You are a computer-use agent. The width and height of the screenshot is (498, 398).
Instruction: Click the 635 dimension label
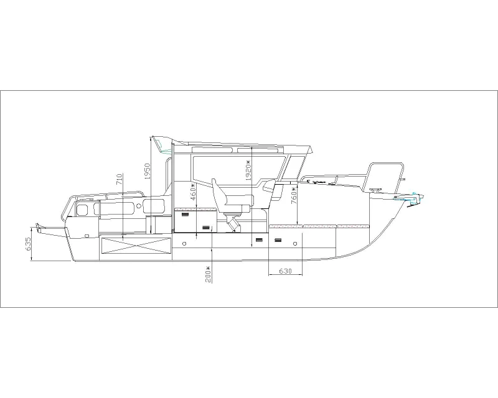click(28, 244)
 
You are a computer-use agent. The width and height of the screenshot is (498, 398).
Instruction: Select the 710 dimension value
click(119, 180)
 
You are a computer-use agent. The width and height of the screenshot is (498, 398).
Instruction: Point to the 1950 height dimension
click(147, 172)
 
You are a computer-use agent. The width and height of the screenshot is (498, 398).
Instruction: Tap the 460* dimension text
click(192, 192)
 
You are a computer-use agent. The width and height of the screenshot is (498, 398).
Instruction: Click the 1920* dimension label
click(248, 170)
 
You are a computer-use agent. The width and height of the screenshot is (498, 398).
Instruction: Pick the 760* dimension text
click(293, 195)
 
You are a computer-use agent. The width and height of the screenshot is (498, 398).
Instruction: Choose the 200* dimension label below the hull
click(208, 274)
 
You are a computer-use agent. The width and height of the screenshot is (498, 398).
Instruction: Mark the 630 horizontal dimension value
click(285, 271)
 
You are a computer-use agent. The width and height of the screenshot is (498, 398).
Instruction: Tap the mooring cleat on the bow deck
click(376, 190)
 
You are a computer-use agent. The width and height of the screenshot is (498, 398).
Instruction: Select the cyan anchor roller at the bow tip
click(413, 198)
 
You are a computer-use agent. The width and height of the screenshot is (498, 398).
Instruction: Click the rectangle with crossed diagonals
click(136, 246)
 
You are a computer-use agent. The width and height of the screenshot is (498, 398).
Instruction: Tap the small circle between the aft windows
click(138, 206)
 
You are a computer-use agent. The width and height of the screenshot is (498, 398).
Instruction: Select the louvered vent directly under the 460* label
click(186, 215)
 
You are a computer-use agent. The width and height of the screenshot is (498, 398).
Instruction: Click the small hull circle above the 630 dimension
click(295, 244)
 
